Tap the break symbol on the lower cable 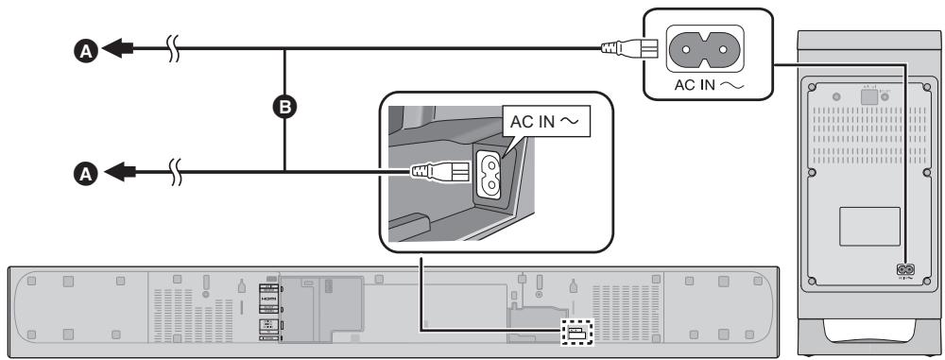173,171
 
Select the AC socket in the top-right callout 701,44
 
